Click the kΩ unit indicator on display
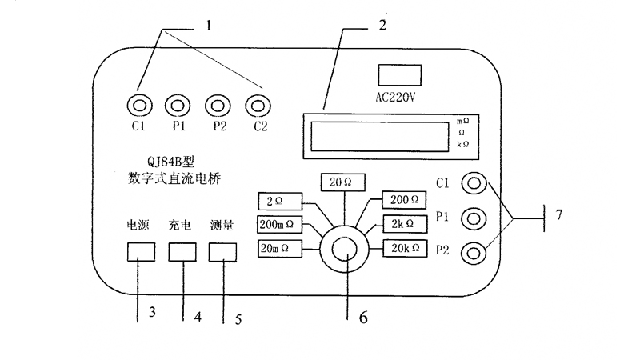[462, 144]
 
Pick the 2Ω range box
[279, 200]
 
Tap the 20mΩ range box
[279, 248]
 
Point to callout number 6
[362, 316]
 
